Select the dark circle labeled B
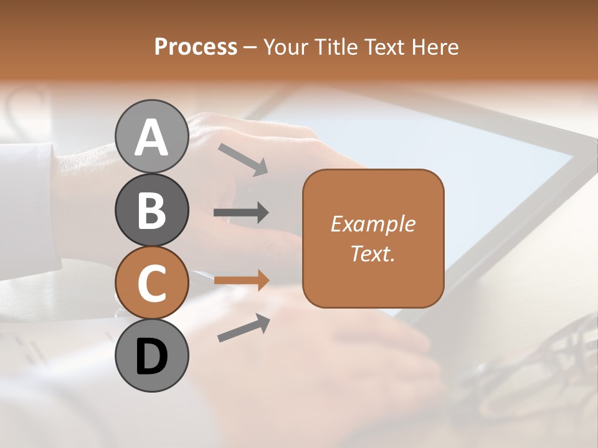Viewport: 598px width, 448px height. click(x=151, y=210)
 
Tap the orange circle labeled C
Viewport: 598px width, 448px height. click(x=151, y=283)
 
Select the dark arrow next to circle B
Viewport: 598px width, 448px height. click(x=241, y=213)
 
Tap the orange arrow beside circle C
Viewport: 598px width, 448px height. click(x=241, y=280)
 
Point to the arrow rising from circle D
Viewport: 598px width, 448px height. click(x=244, y=328)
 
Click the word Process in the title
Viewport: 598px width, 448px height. click(x=196, y=47)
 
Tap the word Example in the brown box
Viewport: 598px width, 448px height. click(x=373, y=224)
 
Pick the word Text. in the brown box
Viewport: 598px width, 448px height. click(x=373, y=253)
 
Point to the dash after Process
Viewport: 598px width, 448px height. click(x=250, y=47)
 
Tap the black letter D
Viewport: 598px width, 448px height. click(x=151, y=357)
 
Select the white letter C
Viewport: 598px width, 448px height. click(x=151, y=283)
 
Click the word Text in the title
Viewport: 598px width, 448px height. click(x=384, y=47)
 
